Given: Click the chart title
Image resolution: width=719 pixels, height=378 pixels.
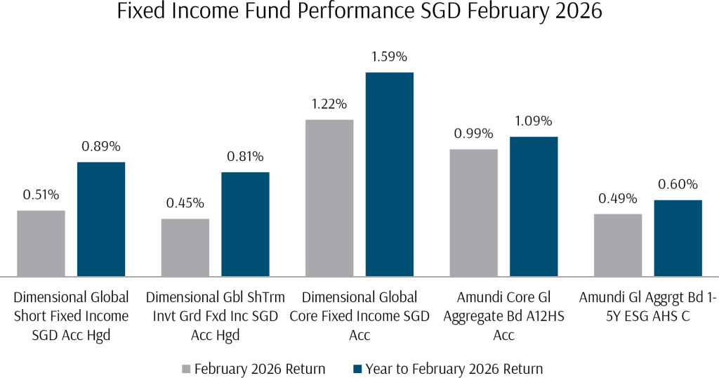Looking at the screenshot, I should click(x=359, y=13).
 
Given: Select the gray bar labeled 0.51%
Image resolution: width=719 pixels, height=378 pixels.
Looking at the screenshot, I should click(x=41, y=243).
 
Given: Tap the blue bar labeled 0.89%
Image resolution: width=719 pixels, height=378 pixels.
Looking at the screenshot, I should click(x=101, y=219).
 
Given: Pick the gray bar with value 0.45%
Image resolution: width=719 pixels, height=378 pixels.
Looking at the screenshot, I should click(x=185, y=247).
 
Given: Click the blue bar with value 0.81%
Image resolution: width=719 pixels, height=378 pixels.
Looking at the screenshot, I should click(x=245, y=223).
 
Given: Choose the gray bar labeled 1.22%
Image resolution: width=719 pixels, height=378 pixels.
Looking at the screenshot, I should click(x=329, y=197).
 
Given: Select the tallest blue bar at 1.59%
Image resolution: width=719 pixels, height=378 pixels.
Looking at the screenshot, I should click(x=390, y=174).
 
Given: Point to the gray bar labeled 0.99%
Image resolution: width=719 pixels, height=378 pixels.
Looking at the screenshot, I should click(x=473, y=212).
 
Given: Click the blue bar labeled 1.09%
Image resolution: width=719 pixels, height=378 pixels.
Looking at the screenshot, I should click(x=534, y=206).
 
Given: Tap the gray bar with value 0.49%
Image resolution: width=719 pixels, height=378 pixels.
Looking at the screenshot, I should click(x=618, y=245).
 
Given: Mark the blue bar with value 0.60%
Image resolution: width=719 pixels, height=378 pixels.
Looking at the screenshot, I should click(x=678, y=237).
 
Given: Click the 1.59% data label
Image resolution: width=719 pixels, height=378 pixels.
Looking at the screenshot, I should click(x=388, y=58).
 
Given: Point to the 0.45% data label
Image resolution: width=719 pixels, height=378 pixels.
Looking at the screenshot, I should click(x=185, y=203).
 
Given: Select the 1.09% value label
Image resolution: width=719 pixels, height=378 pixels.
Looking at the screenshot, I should click(x=534, y=121).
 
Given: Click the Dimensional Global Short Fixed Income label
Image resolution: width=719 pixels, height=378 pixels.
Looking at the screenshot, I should click(x=71, y=316).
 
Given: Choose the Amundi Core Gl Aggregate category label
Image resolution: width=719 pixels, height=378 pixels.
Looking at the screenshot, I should click(x=503, y=316).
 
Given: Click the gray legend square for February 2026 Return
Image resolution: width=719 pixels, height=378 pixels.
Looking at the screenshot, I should click(x=186, y=369).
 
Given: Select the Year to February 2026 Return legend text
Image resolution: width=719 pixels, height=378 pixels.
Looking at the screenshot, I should click(x=452, y=369).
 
